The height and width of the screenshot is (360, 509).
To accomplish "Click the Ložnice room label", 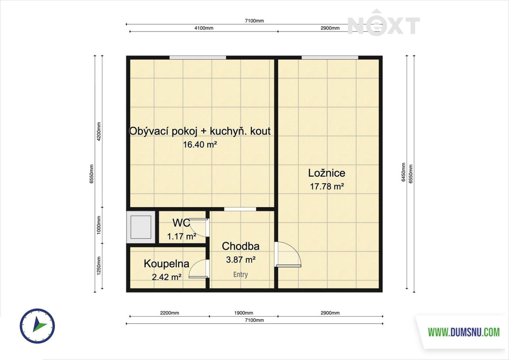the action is pos(326,173).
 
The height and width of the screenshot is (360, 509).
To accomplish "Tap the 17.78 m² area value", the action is pos(327,187).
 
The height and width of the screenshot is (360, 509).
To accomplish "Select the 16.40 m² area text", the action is pos(200,145).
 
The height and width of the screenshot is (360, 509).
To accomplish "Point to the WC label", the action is pos(181,223).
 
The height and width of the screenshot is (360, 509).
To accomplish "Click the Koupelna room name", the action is pos(167,264).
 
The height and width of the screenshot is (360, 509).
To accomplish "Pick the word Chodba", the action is pos(241,246).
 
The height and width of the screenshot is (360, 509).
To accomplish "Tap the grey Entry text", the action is pos(240,274).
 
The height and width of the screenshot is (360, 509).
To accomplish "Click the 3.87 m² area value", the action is pos(241,260).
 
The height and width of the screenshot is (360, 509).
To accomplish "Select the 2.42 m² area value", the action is pos(167,277).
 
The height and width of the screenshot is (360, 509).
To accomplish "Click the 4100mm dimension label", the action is pos(204,28).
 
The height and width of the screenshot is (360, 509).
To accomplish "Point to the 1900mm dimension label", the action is pos(244,313).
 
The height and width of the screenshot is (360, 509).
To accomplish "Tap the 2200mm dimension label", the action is pos(170,313).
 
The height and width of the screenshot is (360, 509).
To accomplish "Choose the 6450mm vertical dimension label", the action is pos(403,172).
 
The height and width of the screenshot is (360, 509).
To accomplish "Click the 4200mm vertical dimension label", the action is pos(99,132).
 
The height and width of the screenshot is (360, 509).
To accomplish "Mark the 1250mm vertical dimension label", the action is pos(99,266).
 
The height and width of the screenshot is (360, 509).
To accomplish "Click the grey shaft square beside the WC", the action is pos(141,227).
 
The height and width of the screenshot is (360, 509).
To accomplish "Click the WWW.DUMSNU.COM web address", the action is pos(464,332).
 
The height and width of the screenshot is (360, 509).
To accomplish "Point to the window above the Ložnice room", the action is pos(330,57).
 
